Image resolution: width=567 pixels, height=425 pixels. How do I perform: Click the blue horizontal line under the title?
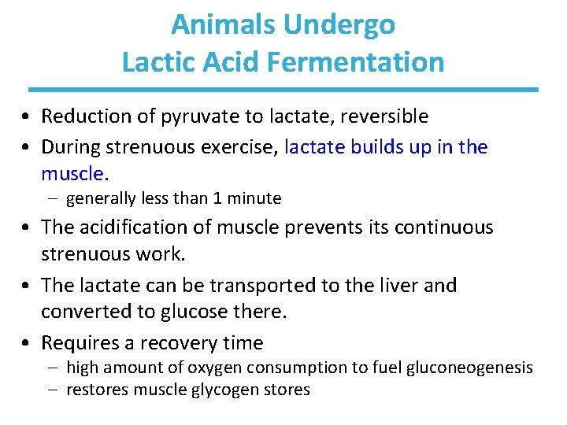pos(283,89)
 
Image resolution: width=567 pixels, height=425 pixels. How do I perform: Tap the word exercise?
pos(241,147)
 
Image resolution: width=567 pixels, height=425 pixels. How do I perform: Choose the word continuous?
pos(448,228)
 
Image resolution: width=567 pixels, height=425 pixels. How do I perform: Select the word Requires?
pos(77,343)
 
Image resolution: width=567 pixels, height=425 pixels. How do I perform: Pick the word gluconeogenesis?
pos(471,368)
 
